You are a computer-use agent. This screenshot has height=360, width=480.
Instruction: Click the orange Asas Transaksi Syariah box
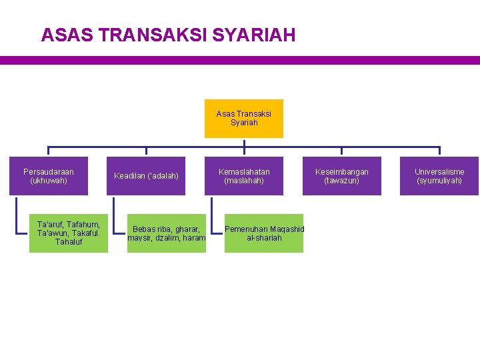point(243,118)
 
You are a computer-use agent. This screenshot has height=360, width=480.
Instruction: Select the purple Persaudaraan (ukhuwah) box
point(49,176)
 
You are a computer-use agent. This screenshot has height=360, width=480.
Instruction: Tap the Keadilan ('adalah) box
point(147,176)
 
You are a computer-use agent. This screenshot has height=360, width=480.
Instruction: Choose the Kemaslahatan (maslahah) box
point(244,176)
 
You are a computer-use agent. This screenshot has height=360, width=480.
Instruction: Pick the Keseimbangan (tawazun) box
point(341,176)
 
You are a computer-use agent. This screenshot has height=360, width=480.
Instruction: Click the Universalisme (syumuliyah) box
point(439,176)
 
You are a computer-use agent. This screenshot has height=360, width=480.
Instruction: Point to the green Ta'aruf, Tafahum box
point(69,233)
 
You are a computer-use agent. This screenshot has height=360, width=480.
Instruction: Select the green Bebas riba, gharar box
point(167,233)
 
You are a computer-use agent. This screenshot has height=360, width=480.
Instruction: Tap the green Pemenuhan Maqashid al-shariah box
point(264,233)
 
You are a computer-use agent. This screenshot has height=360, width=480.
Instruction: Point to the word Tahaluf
point(69,241)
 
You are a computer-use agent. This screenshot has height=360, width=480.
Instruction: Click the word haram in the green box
point(193,238)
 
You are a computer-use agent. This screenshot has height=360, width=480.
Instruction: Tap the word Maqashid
point(287,229)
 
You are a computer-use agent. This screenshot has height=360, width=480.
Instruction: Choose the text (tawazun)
point(341,181)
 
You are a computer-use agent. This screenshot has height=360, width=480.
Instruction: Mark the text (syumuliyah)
point(439,181)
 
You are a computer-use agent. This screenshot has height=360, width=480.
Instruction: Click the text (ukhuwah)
point(49,181)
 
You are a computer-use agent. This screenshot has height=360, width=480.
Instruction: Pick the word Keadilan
point(128,176)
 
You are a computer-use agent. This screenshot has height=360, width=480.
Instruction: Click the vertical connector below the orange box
point(244,143)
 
